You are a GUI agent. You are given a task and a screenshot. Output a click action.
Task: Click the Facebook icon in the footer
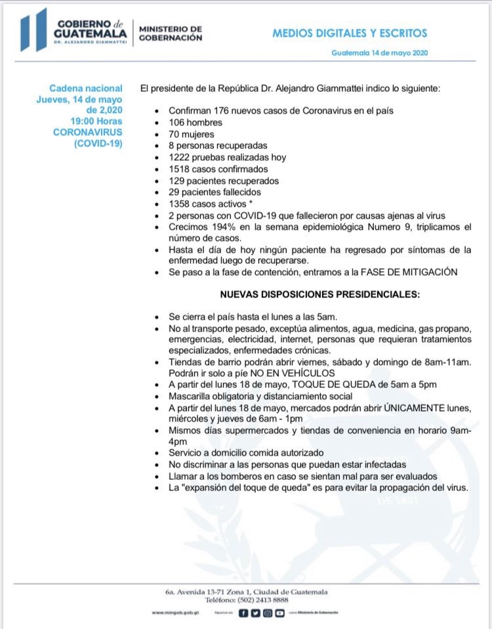click(x=243, y=613)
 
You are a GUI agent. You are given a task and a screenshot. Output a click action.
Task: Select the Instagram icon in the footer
click(x=268, y=613)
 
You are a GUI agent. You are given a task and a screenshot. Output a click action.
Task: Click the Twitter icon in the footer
click(x=256, y=613)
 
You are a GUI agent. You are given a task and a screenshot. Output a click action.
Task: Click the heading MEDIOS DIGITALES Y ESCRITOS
click(x=349, y=32)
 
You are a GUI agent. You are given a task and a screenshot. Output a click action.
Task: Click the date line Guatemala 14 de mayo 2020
click(x=380, y=53)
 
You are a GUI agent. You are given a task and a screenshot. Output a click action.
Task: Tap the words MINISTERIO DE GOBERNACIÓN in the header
click(x=170, y=33)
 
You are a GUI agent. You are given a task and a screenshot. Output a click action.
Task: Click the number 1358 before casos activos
click(x=180, y=204)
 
